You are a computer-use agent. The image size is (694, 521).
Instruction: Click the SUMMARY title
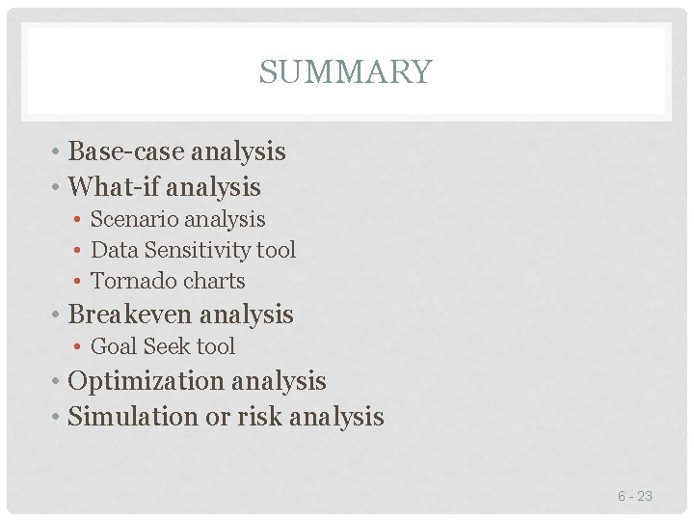[345, 72]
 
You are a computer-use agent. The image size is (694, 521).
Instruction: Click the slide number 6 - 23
[635, 496]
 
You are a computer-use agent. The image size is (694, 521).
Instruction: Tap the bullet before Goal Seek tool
[79, 346]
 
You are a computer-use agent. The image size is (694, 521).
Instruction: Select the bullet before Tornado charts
[79, 282]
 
